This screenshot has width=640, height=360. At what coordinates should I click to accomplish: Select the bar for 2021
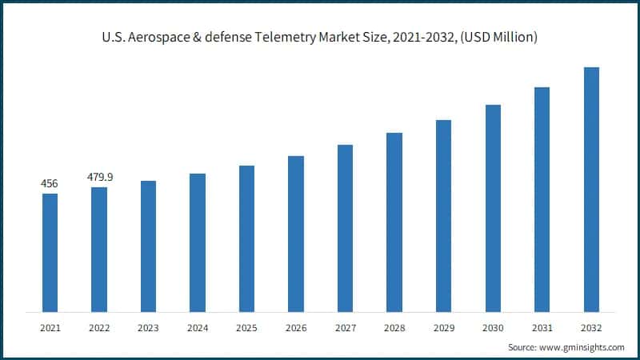[x=50, y=253]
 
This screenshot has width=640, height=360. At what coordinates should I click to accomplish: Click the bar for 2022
[x=98, y=250]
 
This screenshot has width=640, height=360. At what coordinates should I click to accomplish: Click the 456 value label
[x=50, y=184]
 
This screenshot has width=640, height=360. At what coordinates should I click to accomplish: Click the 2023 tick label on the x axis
[x=148, y=327]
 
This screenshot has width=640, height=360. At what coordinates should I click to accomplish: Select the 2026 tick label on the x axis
[x=296, y=327]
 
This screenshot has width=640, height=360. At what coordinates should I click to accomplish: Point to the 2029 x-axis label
[x=443, y=327]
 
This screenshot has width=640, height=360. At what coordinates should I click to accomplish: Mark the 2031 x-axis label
[x=542, y=327]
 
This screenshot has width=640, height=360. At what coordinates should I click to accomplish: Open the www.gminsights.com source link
[x=584, y=347]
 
